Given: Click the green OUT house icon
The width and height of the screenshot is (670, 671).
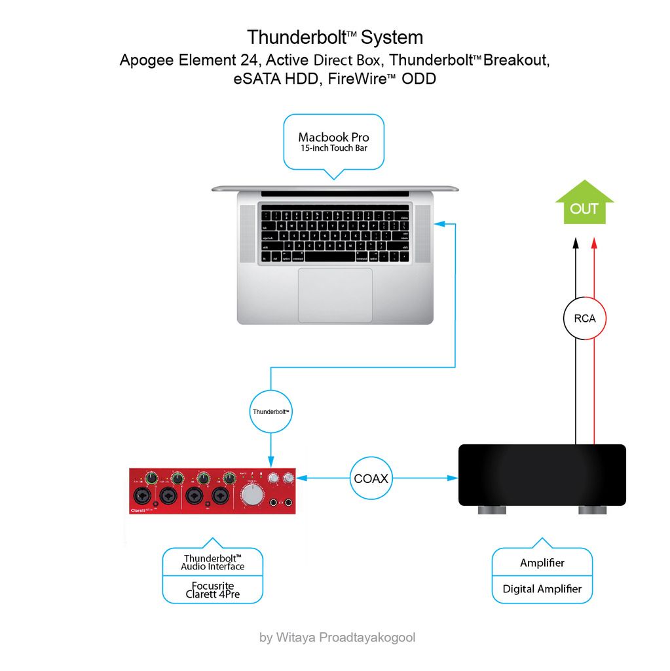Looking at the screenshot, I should [584, 204].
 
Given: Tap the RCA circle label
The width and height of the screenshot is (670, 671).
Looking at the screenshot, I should [584, 318].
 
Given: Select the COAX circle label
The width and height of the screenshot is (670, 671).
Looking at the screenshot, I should [371, 478].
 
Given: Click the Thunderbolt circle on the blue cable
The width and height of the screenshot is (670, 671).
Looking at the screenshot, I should [271, 412].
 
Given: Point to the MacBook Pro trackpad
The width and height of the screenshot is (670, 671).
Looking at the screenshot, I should [335, 295].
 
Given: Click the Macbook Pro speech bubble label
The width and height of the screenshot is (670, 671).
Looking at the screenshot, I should [333, 142].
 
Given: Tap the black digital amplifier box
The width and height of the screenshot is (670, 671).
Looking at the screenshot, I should [542, 474].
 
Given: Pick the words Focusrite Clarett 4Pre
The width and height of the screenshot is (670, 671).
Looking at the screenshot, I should [213, 590].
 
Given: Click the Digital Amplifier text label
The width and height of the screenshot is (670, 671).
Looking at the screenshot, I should [542, 588].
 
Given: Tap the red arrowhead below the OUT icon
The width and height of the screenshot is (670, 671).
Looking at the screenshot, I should [594, 242].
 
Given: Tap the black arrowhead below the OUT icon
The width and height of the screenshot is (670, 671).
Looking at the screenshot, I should [575, 242].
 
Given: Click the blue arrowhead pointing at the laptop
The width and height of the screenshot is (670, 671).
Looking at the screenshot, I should [440, 225].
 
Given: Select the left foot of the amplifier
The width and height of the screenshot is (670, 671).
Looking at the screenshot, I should [488, 510].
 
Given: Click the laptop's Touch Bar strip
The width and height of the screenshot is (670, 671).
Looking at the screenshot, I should [335, 194].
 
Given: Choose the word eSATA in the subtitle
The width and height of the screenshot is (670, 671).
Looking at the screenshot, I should [248, 79].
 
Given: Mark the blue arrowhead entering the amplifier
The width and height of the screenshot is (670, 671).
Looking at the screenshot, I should [453, 478].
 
